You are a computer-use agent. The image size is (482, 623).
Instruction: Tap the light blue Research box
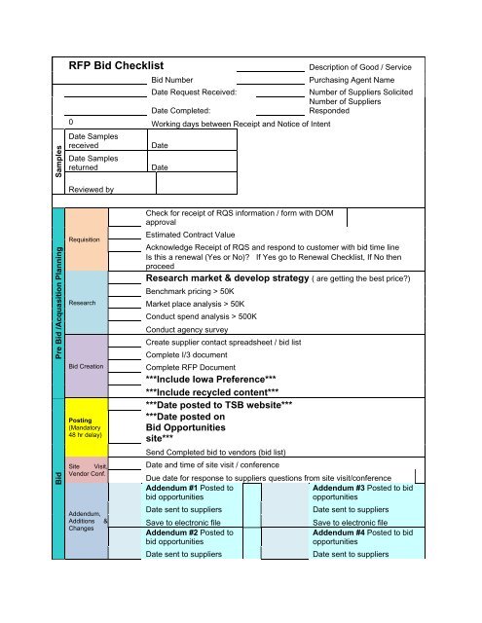(x=91, y=303)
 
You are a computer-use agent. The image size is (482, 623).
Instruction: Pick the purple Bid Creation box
(x=91, y=366)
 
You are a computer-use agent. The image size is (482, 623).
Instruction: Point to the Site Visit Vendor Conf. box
(x=91, y=467)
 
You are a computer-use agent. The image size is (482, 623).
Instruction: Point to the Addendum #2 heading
(x=190, y=537)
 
